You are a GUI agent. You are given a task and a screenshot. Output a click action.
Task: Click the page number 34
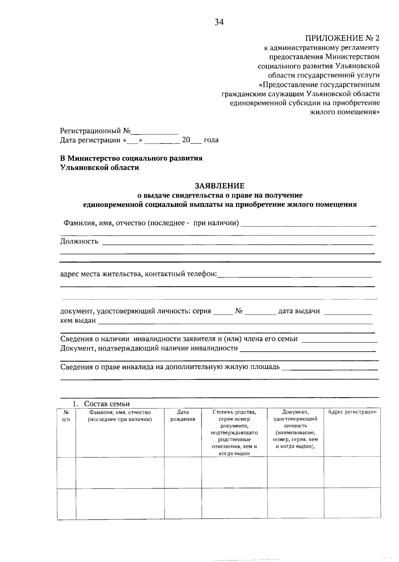tap(219, 22)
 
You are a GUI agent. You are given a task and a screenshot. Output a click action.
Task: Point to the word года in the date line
tap(211, 140)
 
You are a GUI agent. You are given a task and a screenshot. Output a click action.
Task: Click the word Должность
tap(79, 241)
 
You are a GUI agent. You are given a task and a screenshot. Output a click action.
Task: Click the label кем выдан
tap(78, 321)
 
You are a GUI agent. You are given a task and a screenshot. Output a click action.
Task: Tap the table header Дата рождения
tap(183, 416)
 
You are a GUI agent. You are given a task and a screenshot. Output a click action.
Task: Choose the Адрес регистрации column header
tap(352, 412)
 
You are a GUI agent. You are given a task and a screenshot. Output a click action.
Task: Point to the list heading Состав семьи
tap(107, 404)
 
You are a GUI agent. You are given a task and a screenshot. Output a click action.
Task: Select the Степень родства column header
tap(234, 412)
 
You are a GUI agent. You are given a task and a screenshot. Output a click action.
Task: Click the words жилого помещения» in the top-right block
tap(344, 112)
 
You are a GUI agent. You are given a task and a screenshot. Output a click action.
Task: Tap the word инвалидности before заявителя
tap(158, 339)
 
